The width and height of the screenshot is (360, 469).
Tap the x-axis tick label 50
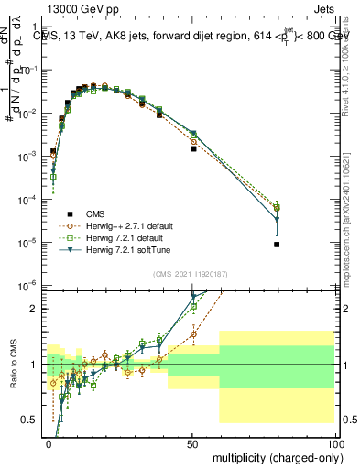click(192, 442)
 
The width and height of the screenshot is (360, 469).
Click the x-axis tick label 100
click(335, 442)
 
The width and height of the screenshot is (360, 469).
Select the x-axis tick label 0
click(49, 442)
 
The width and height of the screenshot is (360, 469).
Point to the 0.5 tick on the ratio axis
click(31, 420)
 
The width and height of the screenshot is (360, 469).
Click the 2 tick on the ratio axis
click(36, 309)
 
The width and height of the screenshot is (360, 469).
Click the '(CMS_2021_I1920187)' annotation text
click(189, 273)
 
